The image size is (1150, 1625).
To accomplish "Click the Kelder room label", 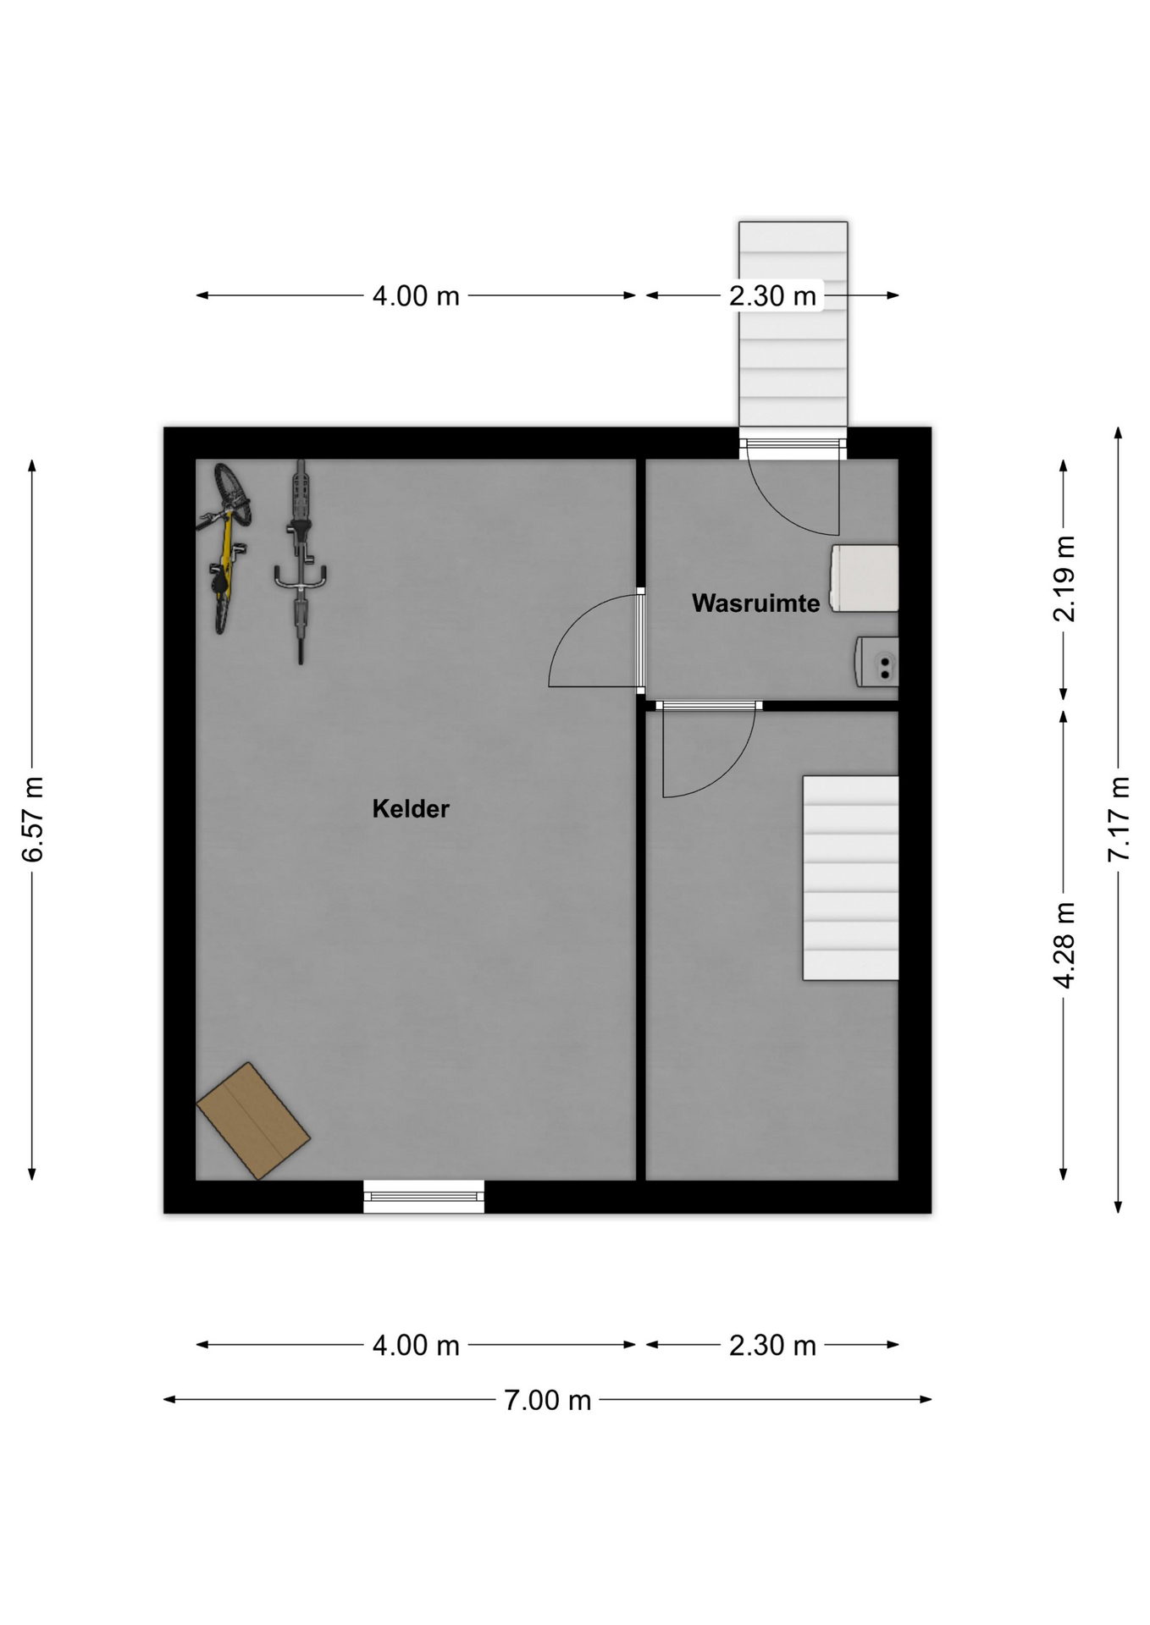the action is pos(411,809).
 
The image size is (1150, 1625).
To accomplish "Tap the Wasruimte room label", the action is pos(755,603).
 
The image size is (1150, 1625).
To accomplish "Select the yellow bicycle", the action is pos(224,548).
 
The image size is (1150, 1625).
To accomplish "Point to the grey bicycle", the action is pos(300,562).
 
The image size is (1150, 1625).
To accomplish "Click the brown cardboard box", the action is pos(253,1121).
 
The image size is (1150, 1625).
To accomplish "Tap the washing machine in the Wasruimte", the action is pos(864,578).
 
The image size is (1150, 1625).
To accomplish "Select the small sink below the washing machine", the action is pos(876,662).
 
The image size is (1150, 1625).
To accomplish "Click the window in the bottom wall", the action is pos(423,1196).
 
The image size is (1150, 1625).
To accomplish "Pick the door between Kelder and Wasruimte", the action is pos(596,639).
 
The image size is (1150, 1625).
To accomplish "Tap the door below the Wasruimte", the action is pos(708,750).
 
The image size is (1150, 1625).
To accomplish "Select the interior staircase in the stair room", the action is pos(850,878).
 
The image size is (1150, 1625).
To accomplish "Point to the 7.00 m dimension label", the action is pos(547,1401).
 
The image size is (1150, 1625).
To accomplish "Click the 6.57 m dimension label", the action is pos(32,818).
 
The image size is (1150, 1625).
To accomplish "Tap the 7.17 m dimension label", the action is pos(1119,818).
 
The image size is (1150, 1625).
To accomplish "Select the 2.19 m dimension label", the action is pos(1064,579).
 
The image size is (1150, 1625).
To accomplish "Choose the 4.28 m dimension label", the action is pos(1064,945).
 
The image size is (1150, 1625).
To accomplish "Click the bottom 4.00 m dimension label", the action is pos(416,1346).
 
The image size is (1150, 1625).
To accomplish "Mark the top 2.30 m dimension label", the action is pos(772,296).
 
